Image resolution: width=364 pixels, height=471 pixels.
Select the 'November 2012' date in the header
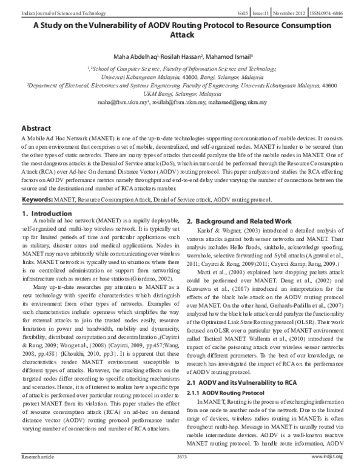point(284,5)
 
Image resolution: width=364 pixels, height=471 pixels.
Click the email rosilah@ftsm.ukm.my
point(187,103)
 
